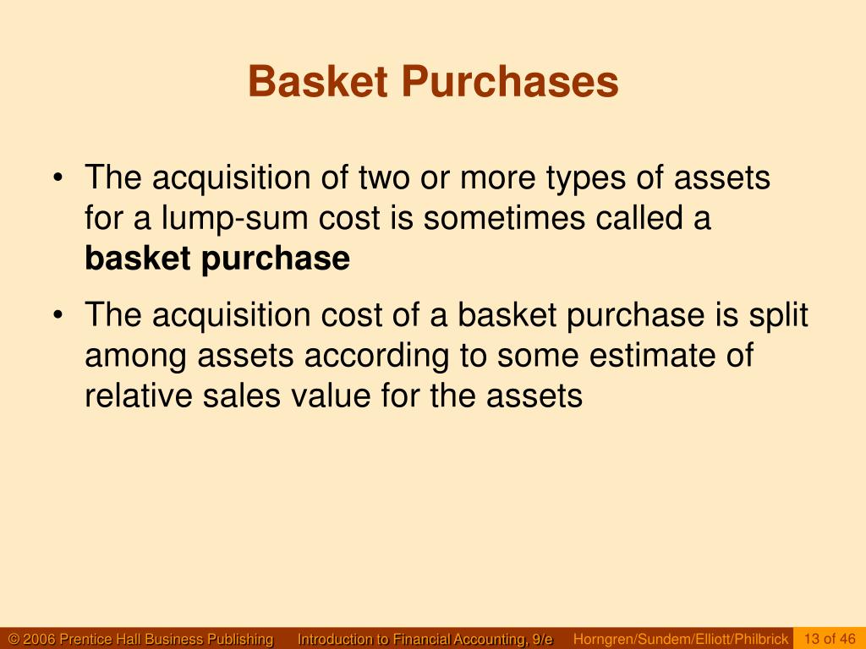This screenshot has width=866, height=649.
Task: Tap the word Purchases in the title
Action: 509,83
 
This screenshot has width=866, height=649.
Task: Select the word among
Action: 136,356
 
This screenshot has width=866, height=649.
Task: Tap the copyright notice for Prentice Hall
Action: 140,639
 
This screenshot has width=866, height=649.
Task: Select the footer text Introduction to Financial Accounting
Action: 425,639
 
